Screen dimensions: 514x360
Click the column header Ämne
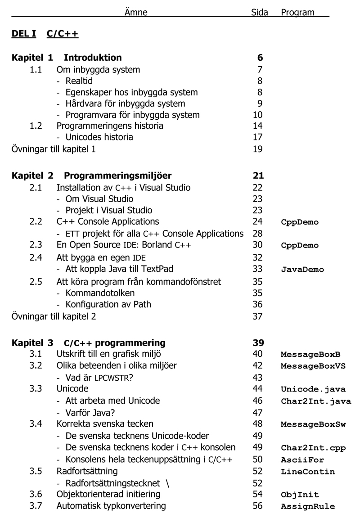tap(135, 13)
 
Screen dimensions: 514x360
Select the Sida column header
tap(259, 13)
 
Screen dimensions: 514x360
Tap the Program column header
tap(297, 13)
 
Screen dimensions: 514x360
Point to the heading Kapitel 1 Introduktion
tap(67, 58)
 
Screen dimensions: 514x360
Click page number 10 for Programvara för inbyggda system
tap(258, 114)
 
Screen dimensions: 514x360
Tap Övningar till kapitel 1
tap(54, 149)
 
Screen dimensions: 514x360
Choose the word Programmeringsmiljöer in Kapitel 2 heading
tap(117, 176)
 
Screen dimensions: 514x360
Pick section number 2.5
tap(36, 281)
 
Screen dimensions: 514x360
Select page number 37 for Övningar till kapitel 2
tap(258, 316)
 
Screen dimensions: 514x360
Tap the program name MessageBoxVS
tap(313, 366)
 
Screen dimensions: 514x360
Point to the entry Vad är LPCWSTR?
tap(95, 377)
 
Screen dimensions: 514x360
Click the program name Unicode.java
tap(313, 389)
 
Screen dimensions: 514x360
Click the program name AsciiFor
tap(302, 460)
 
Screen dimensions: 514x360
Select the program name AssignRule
tap(308, 506)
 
